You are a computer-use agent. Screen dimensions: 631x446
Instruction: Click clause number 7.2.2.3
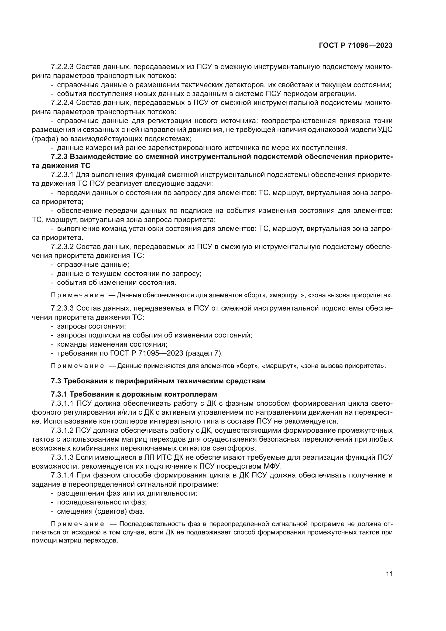point(62,67)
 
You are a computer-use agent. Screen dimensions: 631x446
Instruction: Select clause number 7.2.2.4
point(62,103)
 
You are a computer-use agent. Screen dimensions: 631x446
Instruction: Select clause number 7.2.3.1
point(62,175)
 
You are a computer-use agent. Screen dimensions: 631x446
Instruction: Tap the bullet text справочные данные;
point(93,265)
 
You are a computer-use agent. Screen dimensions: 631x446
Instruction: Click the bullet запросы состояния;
point(91,326)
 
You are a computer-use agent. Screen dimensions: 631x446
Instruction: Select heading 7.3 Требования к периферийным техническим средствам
point(158,381)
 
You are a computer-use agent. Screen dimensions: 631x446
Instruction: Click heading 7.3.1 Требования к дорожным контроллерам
point(134,394)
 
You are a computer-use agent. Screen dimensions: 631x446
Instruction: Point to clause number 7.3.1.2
point(62,430)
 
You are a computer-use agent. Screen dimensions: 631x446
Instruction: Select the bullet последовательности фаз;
point(102,502)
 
